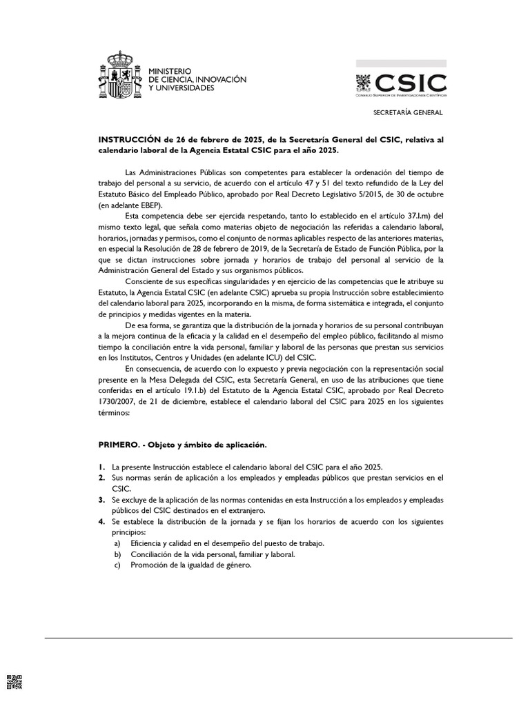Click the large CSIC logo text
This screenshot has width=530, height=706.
pyautogui.click(x=411, y=83)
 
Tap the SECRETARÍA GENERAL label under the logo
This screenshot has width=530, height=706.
pyautogui.click(x=408, y=112)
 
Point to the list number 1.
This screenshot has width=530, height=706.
pyautogui.click(x=101, y=467)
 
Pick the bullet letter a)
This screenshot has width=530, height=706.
pyautogui.click(x=117, y=543)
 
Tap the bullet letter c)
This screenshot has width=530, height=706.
pyautogui.click(x=117, y=565)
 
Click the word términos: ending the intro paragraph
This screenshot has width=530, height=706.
pyautogui.click(x=115, y=414)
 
